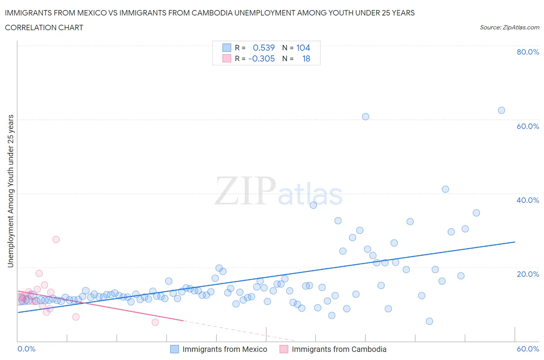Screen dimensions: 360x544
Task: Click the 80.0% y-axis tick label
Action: (528, 52)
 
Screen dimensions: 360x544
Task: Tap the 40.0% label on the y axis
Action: (528, 200)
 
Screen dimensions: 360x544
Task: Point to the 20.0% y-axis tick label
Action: (528, 274)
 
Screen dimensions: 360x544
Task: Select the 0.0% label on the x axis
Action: (27, 349)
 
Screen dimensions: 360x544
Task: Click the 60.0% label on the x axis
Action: (528, 349)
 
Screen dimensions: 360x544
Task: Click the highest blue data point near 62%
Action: (501, 110)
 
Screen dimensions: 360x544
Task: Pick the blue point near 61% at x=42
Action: (366, 117)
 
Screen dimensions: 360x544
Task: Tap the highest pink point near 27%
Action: (56, 240)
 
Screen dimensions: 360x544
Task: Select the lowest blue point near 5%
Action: (429, 321)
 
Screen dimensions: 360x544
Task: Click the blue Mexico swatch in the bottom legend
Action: (174, 349)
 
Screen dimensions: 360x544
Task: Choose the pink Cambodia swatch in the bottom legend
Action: (284, 349)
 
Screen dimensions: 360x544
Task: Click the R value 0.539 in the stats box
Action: (263, 48)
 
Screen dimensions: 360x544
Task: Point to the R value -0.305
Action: (262, 58)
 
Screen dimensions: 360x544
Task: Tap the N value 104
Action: (303, 48)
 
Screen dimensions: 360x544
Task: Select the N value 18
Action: (306, 58)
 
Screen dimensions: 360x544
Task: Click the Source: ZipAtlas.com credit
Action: (509, 27)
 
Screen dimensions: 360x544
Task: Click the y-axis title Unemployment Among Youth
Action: (10, 191)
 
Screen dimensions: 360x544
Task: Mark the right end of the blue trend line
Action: (515, 242)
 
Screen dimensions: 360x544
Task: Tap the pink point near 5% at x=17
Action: (155, 322)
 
